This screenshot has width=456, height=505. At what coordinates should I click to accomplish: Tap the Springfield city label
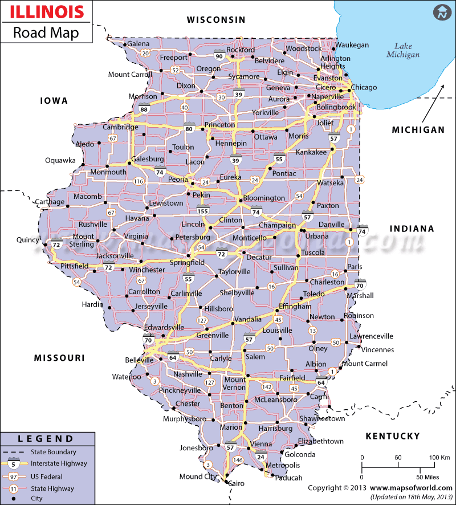189,263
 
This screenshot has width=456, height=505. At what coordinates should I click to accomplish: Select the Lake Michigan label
403,51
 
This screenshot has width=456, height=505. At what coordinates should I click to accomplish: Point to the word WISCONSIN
217,20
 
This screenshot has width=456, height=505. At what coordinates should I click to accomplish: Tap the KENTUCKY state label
392,436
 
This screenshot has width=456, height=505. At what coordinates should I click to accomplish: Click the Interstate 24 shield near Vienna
260,456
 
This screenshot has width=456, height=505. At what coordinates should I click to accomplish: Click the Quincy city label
27,240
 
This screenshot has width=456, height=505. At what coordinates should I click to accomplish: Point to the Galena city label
139,43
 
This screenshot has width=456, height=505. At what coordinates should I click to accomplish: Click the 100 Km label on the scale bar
439,458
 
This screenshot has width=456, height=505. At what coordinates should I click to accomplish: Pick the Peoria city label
177,179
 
